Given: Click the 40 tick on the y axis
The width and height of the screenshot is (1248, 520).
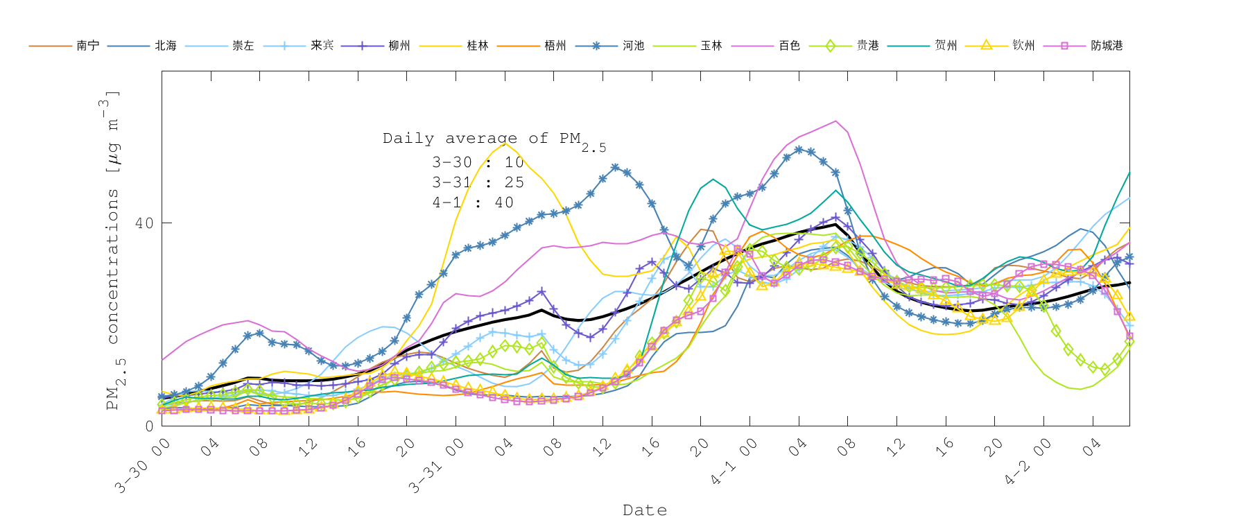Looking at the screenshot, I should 144,223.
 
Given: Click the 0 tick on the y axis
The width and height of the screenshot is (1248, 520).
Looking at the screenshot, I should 149,426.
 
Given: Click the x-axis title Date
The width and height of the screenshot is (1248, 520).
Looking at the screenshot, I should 645,510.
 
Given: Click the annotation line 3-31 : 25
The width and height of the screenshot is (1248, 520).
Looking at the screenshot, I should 478,182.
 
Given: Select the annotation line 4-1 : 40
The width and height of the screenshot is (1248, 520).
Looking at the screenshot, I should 473,202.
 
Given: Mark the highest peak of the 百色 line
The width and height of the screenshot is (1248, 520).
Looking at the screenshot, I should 835,121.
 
